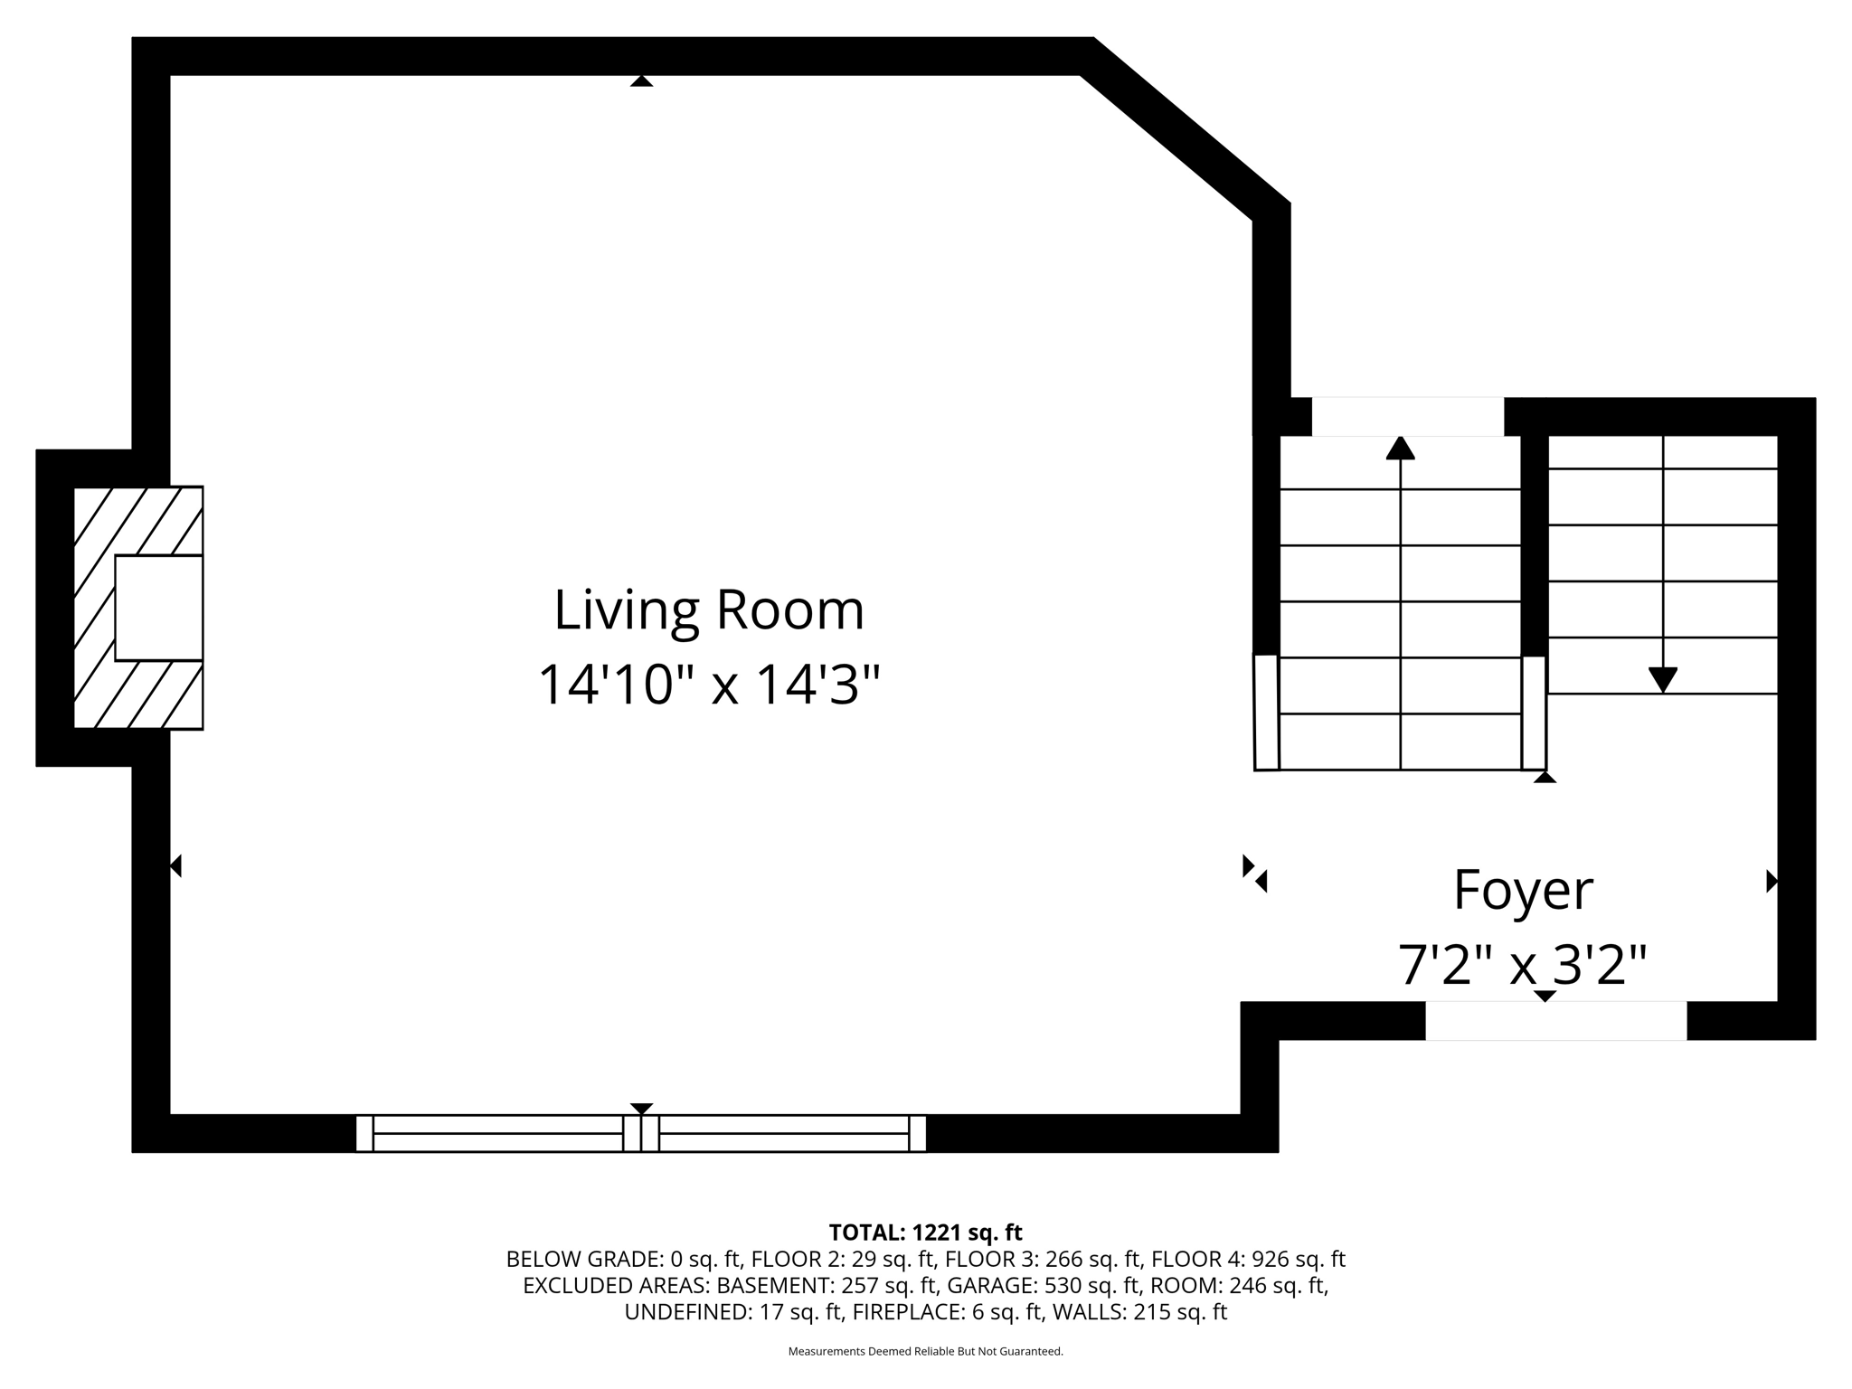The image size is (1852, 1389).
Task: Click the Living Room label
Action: pyautogui.click(x=709, y=610)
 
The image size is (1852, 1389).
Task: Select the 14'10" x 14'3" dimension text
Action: pyautogui.click(x=709, y=685)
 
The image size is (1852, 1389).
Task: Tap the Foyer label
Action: pyautogui.click(x=1523, y=891)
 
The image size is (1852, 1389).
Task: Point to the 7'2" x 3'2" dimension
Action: pyautogui.click(x=1523, y=965)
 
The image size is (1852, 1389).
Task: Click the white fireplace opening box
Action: pyautogui.click(x=158, y=608)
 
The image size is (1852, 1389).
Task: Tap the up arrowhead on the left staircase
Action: pyautogui.click(x=1400, y=448)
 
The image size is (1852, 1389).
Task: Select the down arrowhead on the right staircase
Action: pyautogui.click(x=1663, y=680)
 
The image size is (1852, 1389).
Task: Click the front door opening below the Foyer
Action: pyautogui.click(x=1556, y=1021)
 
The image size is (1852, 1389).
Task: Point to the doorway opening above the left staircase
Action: pyautogui.click(x=1408, y=417)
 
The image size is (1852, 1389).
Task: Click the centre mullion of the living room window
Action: pyautogui.click(x=641, y=1133)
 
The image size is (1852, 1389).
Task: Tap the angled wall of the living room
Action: pyautogui.click(x=1185, y=128)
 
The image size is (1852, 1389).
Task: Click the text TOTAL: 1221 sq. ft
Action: pyautogui.click(x=925, y=1233)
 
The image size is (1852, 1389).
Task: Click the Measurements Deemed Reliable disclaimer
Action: pyautogui.click(x=925, y=1352)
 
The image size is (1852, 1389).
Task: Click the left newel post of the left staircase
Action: pyautogui.click(x=1266, y=713)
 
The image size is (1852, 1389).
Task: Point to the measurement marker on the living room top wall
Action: pyautogui.click(x=641, y=80)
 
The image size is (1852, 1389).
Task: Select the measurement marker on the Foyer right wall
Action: pyautogui.click(x=1772, y=881)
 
